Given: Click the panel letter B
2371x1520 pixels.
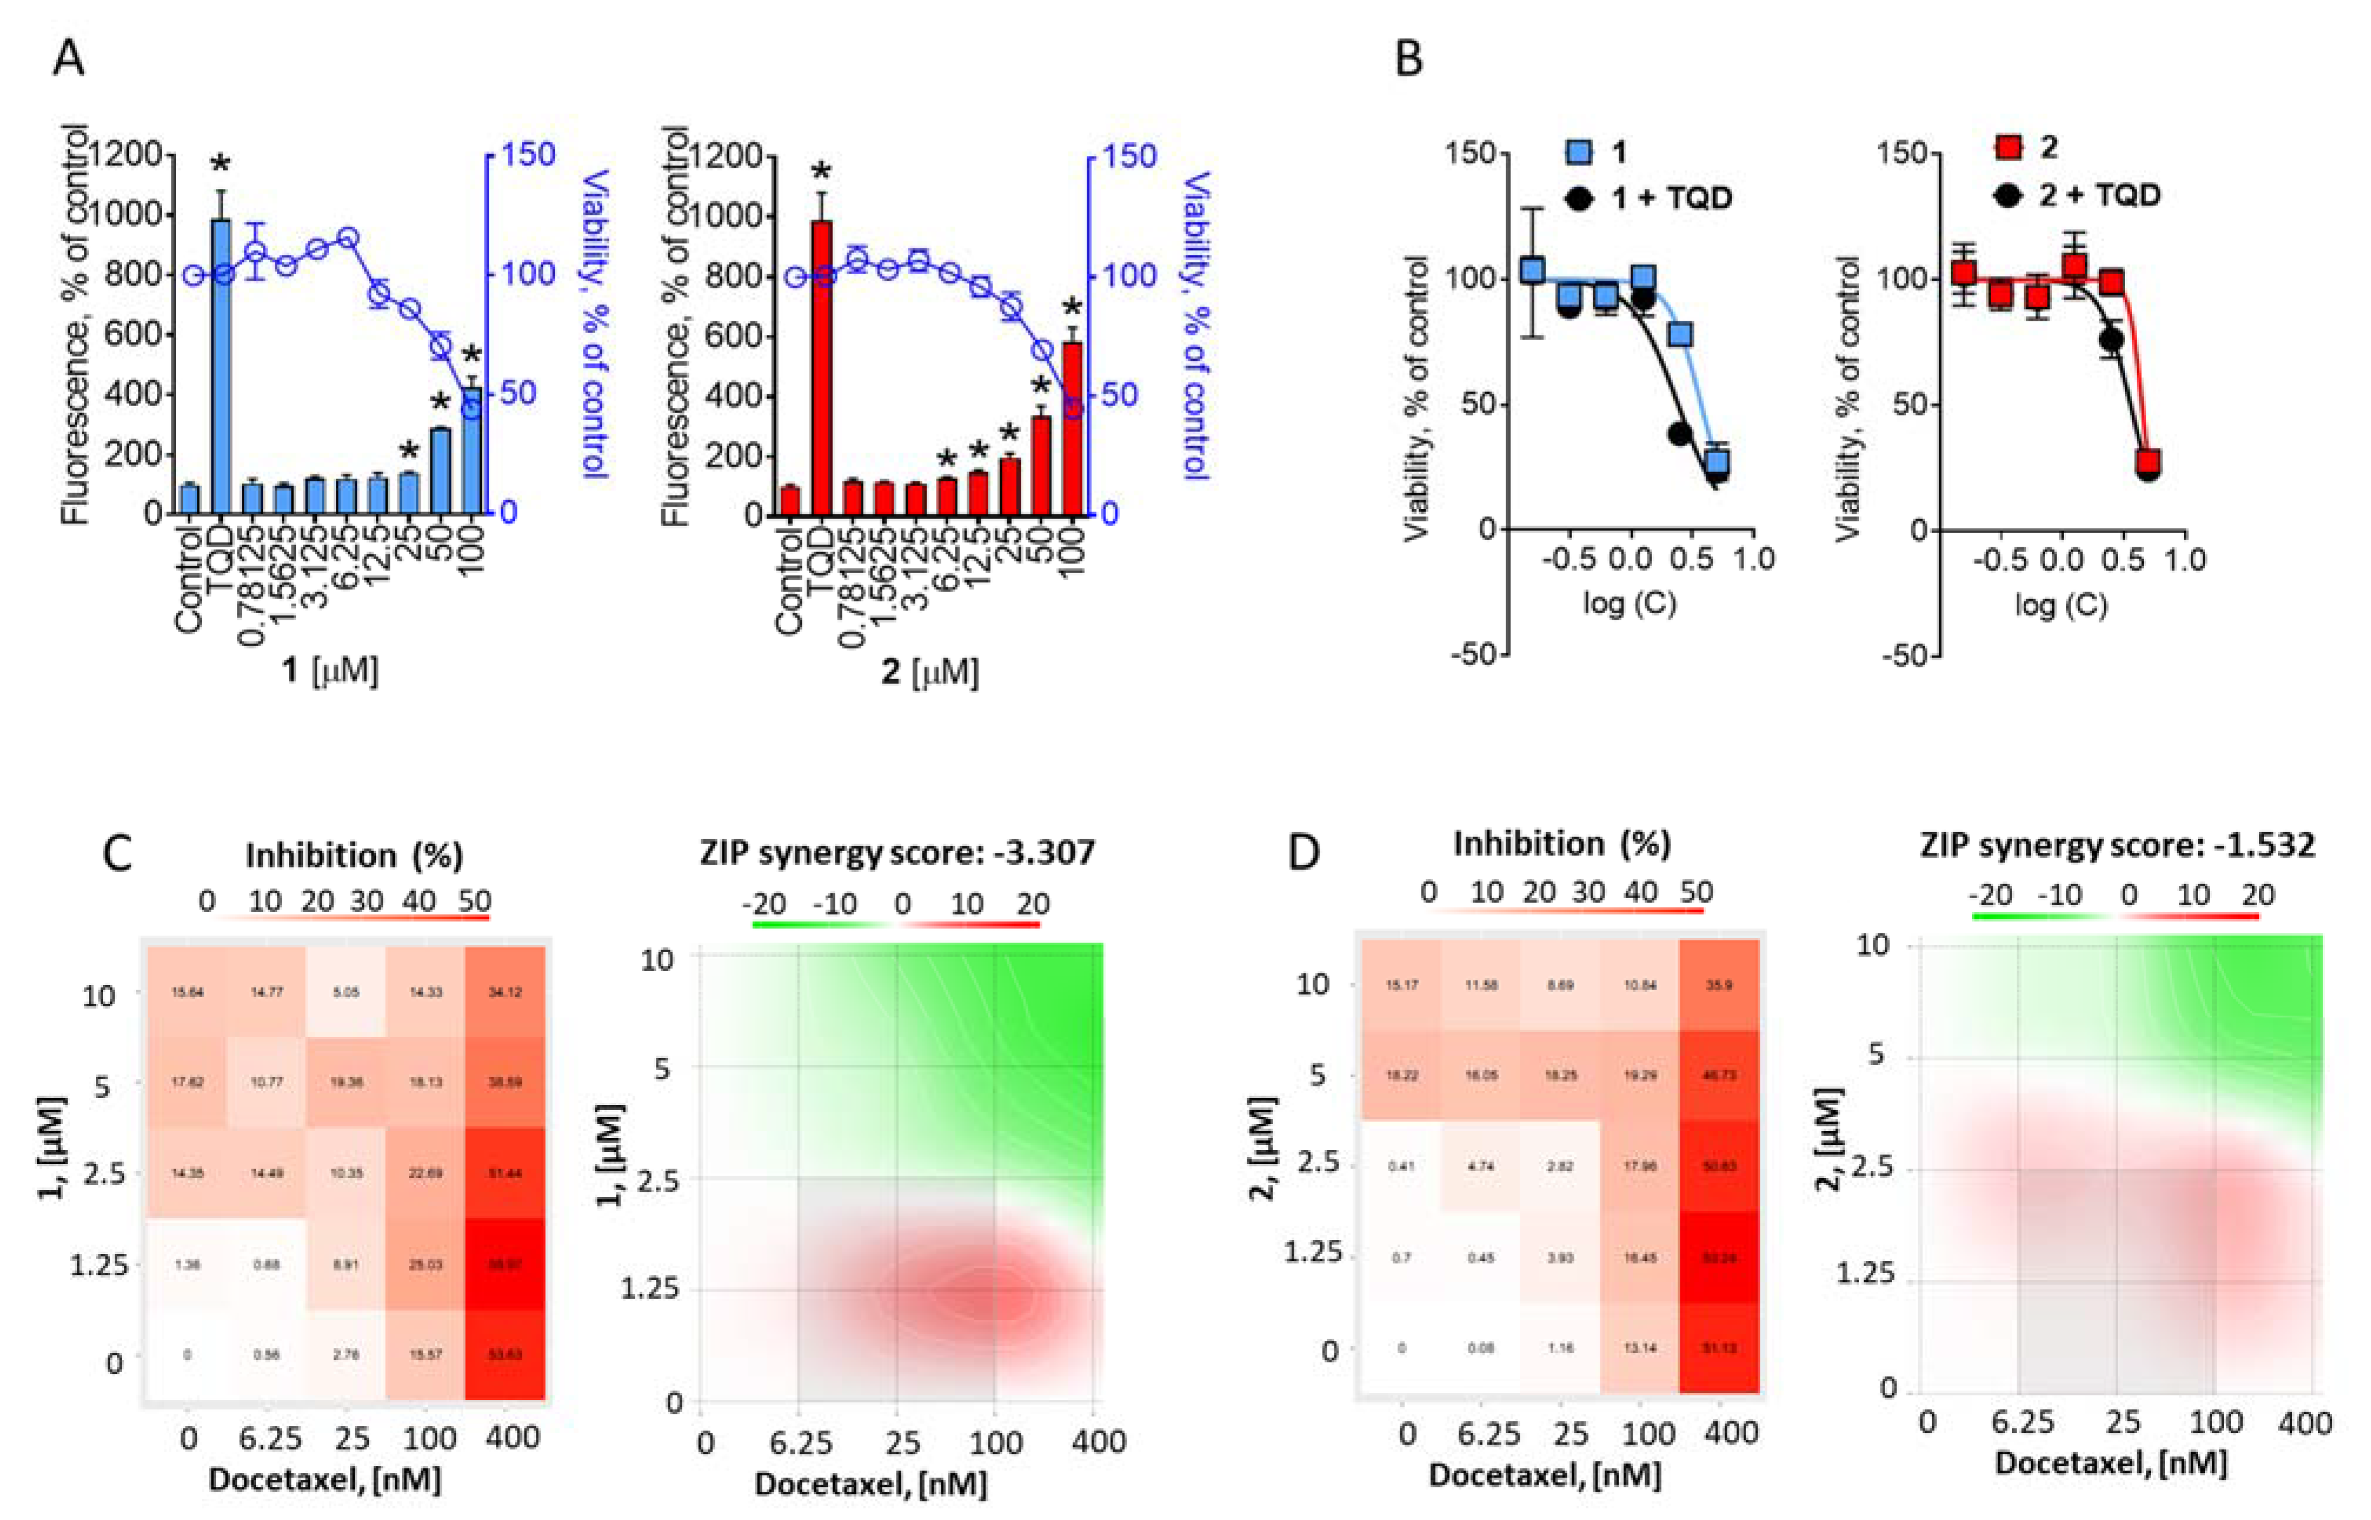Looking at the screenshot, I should (x=1408, y=59).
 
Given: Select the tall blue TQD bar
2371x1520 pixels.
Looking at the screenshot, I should (x=222, y=365).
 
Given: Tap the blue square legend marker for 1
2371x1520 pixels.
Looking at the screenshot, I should (x=1579, y=152).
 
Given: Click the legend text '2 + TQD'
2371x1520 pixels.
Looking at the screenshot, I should (x=2100, y=194).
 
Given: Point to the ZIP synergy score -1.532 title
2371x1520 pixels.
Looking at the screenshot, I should (x=2116, y=846).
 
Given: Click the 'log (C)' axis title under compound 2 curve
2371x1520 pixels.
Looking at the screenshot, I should (x=2060, y=604).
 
